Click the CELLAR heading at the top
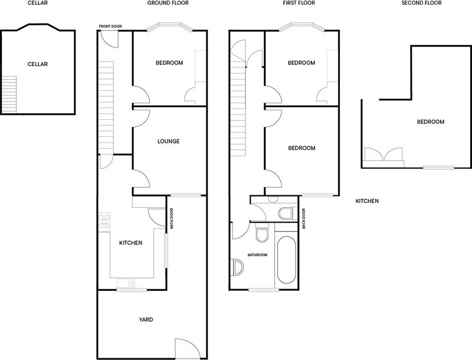pos(37,3)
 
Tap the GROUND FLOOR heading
pos(168,3)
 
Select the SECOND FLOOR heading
pos(421,3)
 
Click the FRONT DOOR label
pos(110,27)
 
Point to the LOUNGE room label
pos(169,141)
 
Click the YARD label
pos(146,320)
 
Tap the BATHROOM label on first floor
pos(257,255)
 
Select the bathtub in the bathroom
pos(286,260)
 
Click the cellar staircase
pos(9,94)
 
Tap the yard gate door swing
pos(187,348)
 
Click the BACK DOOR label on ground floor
pos(172,218)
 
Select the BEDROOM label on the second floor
pos(431,122)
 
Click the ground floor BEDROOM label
pos(169,63)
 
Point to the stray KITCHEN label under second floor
pos(367,201)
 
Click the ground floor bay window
pos(170,27)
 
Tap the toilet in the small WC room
pos(286,213)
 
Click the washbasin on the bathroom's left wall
pos(238,267)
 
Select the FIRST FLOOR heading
pos(299,3)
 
